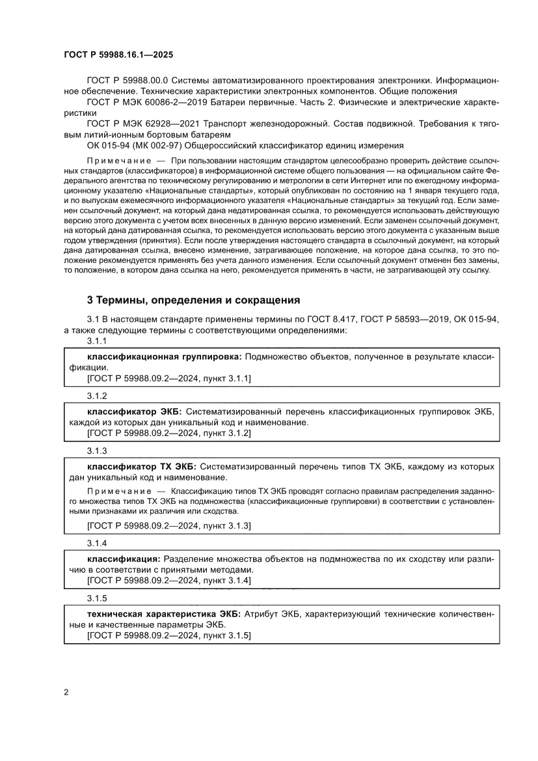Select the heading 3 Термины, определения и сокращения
(x=193, y=300)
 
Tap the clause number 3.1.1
(x=97, y=341)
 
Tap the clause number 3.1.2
(x=97, y=396)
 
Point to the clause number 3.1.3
(x=97, y=450)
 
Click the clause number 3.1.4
(x=97, y=543)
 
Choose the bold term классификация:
(x=124, y=559)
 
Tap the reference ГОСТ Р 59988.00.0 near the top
(x=128, y=79)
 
